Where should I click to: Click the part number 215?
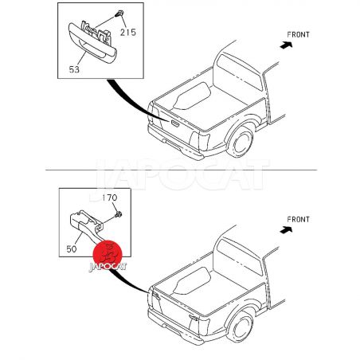pyautogui.click(x=128, y=33)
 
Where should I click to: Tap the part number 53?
pyautogui.click(x=74, y=69)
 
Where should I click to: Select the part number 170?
pyautogui.click(x=110, y=198)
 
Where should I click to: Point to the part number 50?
pyautogui.click(x=72, y=249)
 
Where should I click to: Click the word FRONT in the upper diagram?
pyautogui.click(x=299, y=35)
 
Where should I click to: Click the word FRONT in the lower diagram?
pyautogui.click(x=299, y=220)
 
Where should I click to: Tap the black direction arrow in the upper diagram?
pyautogui.click(x=286, y=45)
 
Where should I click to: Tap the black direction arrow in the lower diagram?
pyautogui.click(x=286, y=230)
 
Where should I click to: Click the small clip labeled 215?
pyautogui.click(x=119, y=14)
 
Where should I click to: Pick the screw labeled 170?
pyautogui.click(x=119, y=214)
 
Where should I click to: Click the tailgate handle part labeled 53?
pyautogui.click(x=92, y=42)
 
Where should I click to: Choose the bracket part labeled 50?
pyautogui.click(x=86, y=225)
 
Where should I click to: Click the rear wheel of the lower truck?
pyautogui.click(x=241, y=327)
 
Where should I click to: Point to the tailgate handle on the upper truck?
pyautogui.click(x=175, y=123)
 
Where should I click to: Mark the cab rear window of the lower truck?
pyautogui.click(x=240, y=256)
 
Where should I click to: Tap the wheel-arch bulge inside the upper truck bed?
pyautogui.click(x=192, y=96)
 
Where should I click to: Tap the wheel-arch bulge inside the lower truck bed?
pyautogui.click(x=192, y=280)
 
